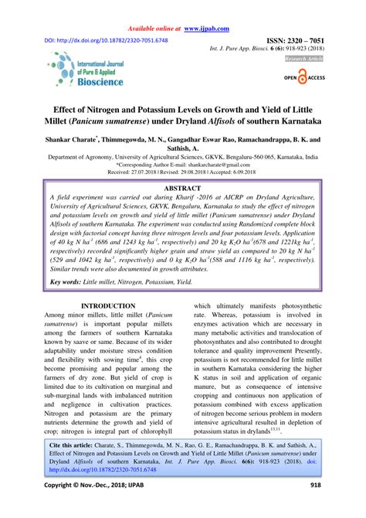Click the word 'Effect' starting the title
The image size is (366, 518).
tap(72, 107)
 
